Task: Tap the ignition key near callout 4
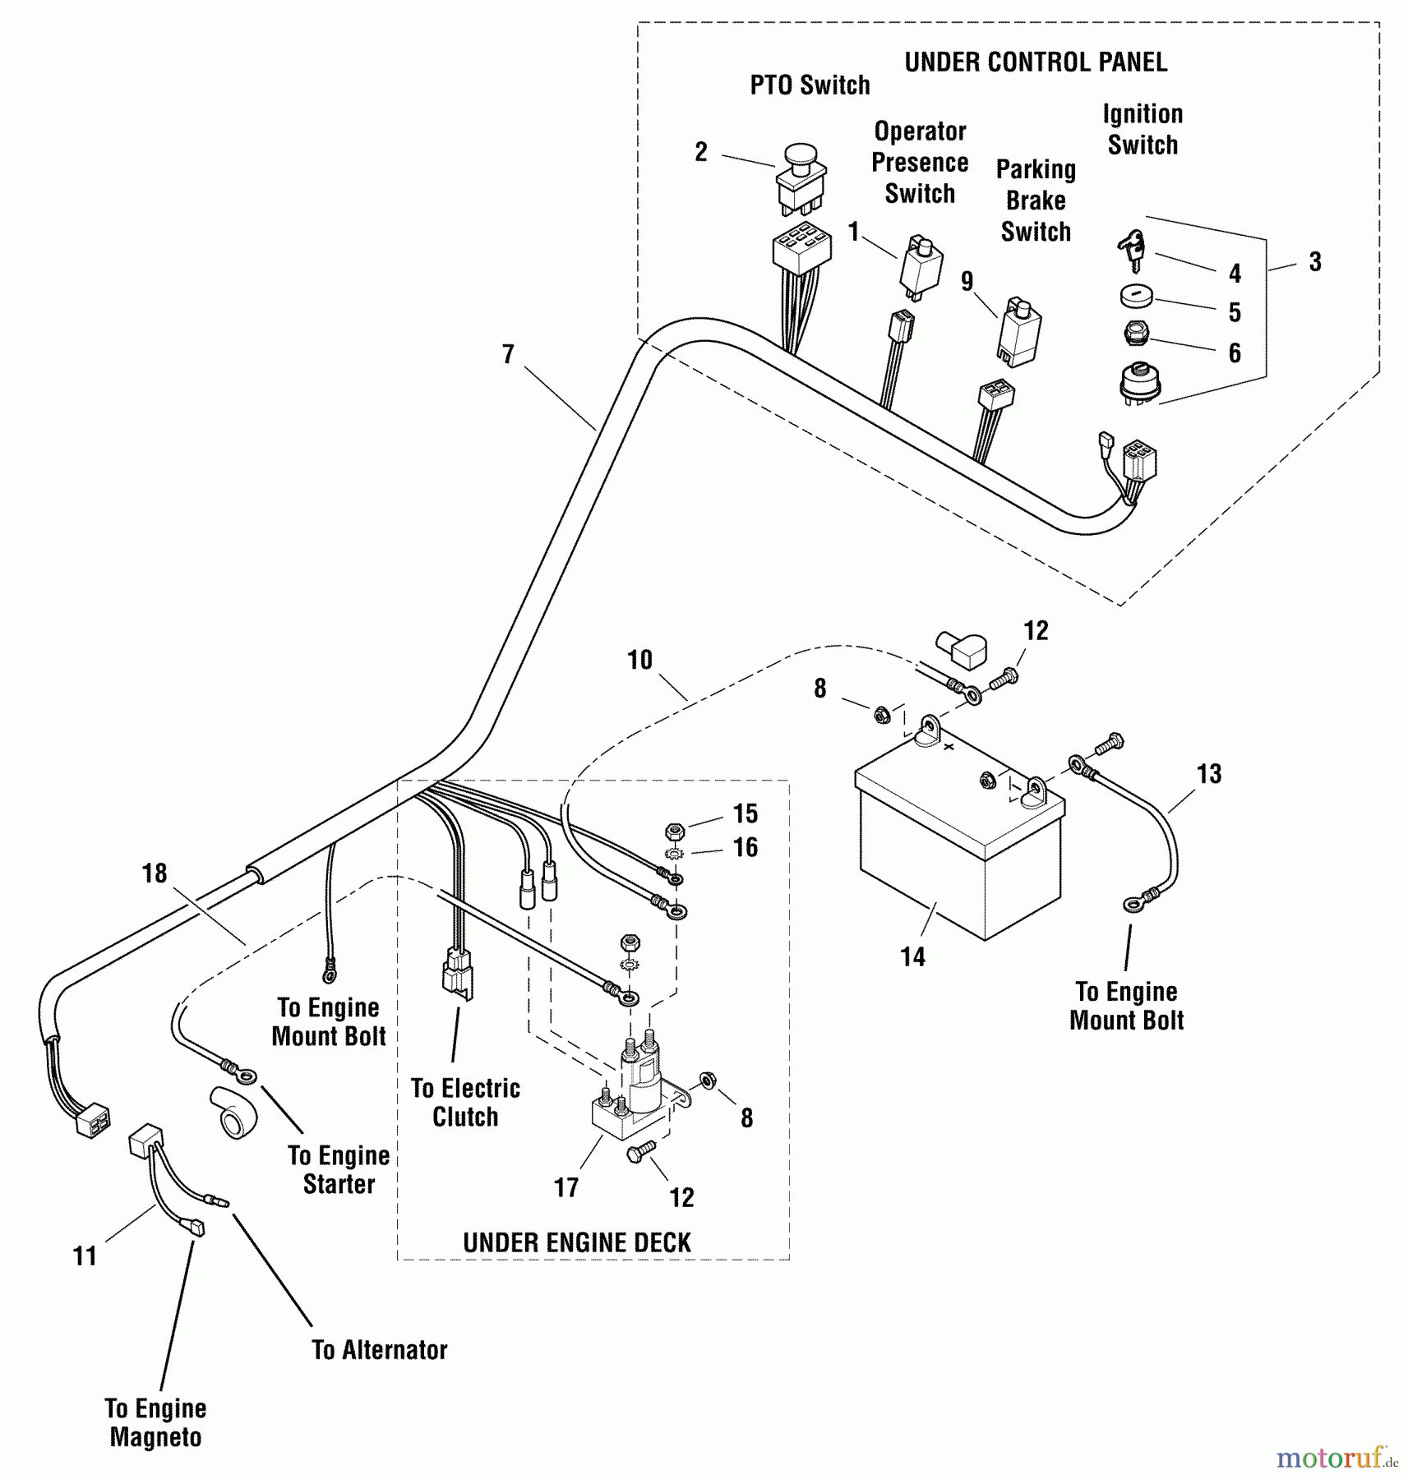click(1132, 248)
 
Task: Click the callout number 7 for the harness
click(509, 355)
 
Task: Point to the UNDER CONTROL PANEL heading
click(1036, 62)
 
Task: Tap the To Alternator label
click(380, 1350)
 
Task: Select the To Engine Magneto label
click(155, 1422)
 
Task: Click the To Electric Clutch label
click(465, 1103)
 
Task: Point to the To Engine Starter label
click(339, 1169)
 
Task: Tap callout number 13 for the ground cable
click(1209, 774)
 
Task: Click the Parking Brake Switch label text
click(1036, 201)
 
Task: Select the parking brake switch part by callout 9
click(1020, 331)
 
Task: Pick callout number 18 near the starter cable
click(155, 873)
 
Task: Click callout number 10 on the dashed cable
click(639, 660)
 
